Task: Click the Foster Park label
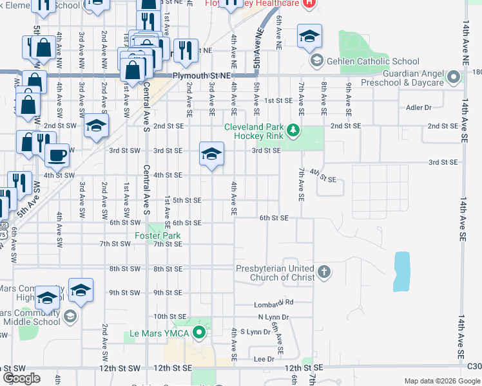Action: [x=158, y=236]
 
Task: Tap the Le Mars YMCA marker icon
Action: [x=200, y=333]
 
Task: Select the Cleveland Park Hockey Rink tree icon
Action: [x=294, y=131]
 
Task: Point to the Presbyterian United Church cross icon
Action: [x=323, y=273]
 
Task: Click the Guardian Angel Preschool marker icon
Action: [x=454, y=78]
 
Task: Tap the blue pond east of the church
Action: [x=401, y=271]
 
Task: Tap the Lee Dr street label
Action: [x=264, y=359]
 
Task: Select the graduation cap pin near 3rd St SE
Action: [x=211, y=154]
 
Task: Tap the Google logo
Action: [x=22, y=378]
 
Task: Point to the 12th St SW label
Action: [x=125, y=367]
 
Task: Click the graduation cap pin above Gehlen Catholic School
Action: [x=310, y=36]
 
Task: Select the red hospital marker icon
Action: [x=309, y=3]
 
